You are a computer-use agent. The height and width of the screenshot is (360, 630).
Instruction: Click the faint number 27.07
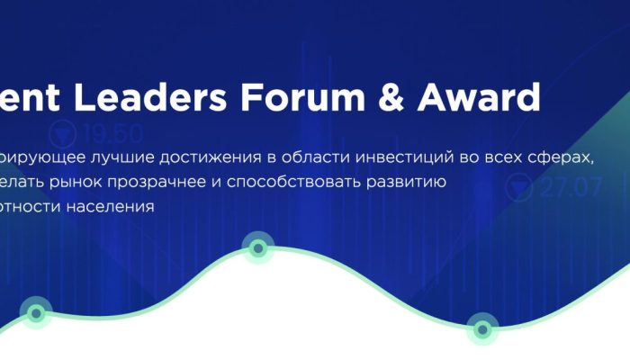point(571,189)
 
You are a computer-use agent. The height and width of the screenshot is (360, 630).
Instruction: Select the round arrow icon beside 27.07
point(520,189)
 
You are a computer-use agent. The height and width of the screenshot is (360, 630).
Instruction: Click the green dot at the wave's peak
point(258,247)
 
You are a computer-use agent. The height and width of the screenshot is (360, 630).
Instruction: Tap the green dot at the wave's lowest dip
point(481,328)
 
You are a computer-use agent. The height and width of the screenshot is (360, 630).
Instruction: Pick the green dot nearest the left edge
point(36,313)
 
